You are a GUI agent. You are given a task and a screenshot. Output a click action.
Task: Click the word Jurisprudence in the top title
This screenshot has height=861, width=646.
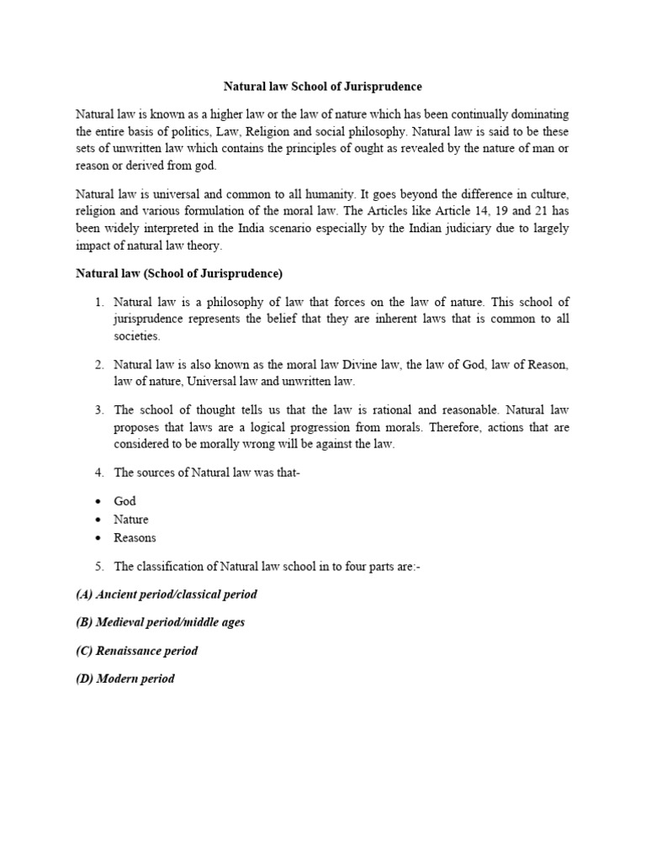pos(384,87)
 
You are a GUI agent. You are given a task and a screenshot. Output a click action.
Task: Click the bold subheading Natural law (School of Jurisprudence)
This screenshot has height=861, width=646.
pos(179,273)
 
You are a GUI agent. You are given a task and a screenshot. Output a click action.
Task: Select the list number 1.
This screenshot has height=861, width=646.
pos(98,300)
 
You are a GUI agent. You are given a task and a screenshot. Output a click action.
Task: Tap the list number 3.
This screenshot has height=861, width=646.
pos(98,409)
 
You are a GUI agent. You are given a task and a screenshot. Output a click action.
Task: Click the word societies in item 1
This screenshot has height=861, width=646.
pos(135,336)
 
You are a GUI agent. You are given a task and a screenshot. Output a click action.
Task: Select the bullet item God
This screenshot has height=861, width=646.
pos(124,500)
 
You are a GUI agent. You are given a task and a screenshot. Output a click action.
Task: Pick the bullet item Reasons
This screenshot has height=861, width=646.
pos(135,537)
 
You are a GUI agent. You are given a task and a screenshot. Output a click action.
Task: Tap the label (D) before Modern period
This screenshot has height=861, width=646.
pos(85,679)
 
